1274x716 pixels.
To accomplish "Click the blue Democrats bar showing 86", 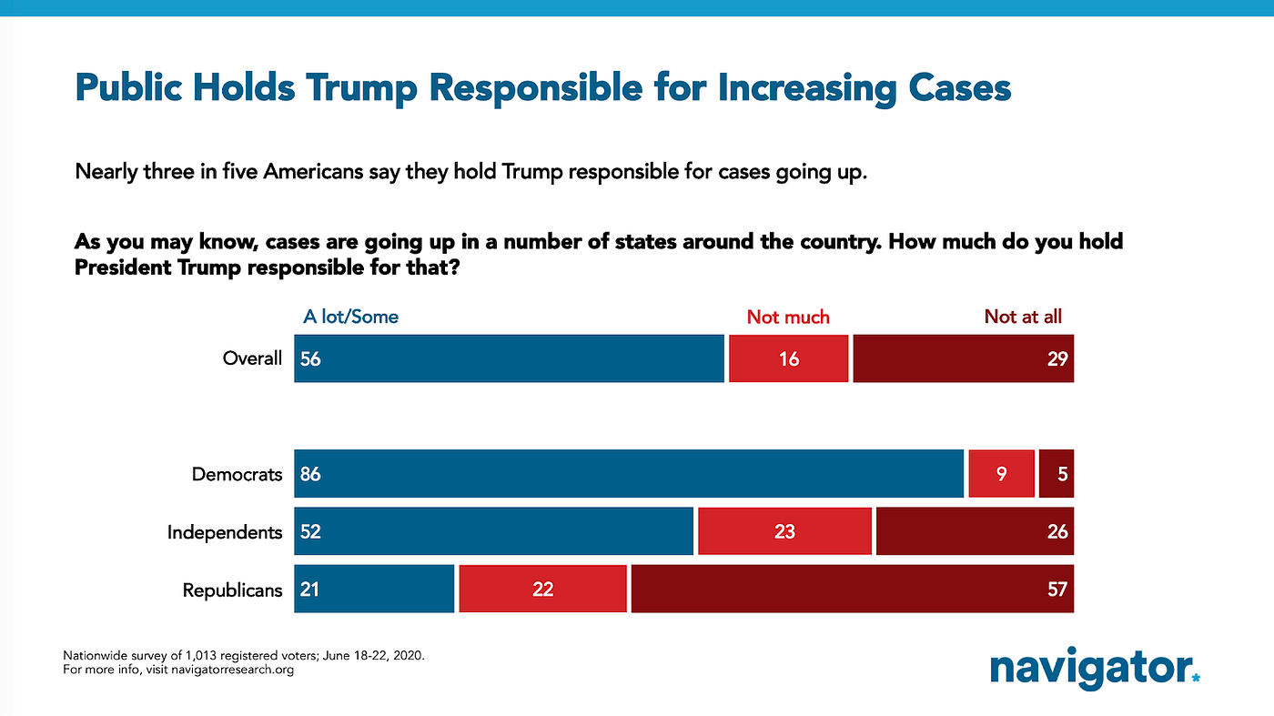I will click(x=628, y=474).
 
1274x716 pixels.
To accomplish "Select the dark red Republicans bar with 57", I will click(x=852, y=589).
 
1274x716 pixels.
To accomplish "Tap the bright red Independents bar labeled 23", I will click(x=784, y=531).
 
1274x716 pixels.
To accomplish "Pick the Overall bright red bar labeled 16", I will click(x=789, y=358).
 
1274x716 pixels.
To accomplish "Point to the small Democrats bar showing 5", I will click(x=1056, y=474).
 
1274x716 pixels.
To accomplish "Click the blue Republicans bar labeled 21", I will click(x=374, y=589).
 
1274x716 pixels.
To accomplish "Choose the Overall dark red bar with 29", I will click(x=963, y=358).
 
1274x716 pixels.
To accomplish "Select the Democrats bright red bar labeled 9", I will click(x=1001, y=474).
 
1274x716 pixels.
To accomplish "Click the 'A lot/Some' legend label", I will click(x=350, y=317).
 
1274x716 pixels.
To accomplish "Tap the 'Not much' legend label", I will click(x=788, y=317).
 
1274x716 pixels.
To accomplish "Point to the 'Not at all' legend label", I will click(x=1023, y=317).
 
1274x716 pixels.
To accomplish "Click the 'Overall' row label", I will click(x=252, y=358).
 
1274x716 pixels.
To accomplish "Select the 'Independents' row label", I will click(x=225, y=531).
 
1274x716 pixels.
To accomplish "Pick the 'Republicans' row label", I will click(x=232, y=590).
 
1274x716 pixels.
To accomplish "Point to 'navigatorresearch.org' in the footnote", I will click(x=231, y=671).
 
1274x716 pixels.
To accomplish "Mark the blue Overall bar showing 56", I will click(x=509, y=358).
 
